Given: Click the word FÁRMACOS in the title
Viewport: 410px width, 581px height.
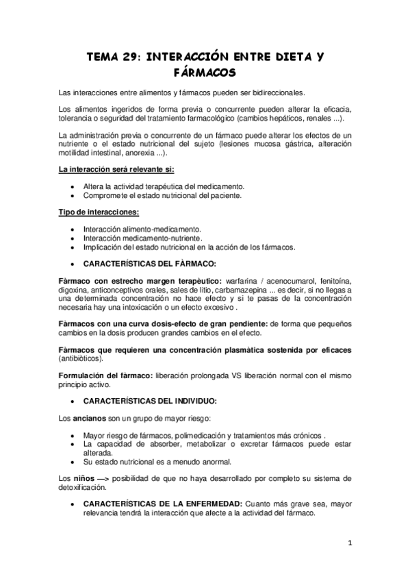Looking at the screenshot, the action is tap(205, 72).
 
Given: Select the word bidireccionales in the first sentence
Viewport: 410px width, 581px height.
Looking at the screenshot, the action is tap(276, 92).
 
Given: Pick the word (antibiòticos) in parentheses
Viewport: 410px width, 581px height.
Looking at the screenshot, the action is tap(81, 358).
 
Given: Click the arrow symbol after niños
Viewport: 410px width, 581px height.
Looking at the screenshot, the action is tap(104, 477).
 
